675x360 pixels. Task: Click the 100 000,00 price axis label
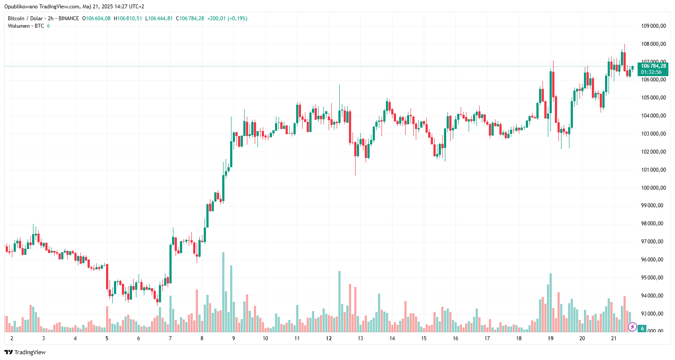653,188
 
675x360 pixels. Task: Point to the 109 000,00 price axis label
653,26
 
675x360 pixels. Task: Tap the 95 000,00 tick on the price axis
653,278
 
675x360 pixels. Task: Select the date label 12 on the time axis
329,338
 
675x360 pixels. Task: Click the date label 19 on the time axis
550,338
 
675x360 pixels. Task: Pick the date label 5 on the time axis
107,338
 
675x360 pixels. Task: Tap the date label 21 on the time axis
614,338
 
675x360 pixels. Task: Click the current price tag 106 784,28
653,66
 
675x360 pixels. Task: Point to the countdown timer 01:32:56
651,72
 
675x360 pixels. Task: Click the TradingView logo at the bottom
25,352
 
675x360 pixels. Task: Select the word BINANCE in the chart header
69,18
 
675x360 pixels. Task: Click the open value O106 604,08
96,18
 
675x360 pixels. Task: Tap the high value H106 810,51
128,18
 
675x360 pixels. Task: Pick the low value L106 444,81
160,18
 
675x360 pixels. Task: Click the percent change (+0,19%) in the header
237,18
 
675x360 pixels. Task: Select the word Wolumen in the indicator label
18,26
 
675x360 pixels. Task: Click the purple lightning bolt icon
632,327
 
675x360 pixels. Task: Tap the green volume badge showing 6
642,329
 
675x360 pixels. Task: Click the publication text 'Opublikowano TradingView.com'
42,7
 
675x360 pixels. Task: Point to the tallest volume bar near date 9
224,290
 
